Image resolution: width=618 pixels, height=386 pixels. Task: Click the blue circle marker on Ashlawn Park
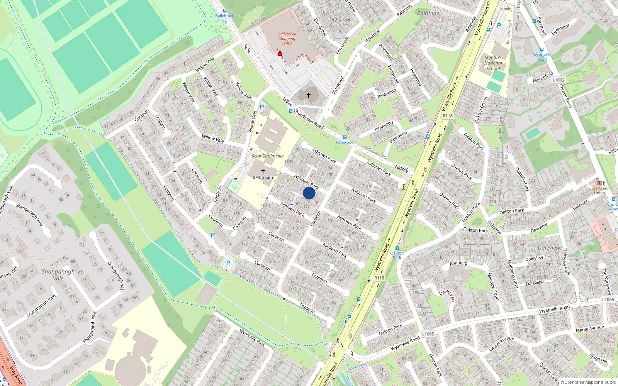[x=309, y=193]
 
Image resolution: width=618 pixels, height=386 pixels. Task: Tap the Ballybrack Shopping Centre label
[x=287, y=39]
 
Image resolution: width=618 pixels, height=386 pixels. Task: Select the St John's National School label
[x=493, y=63]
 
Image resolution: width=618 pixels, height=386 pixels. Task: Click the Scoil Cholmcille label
[x=268, y=156]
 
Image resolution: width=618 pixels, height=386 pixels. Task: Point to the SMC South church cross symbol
[x=263, y=171]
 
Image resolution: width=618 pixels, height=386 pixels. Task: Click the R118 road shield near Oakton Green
[x=448, y=116]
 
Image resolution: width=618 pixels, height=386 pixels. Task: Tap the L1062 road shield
[x=558, y=80]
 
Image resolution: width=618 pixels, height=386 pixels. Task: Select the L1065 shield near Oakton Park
[x=428, y=334]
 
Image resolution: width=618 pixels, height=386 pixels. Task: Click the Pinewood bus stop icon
[x=345, y=137]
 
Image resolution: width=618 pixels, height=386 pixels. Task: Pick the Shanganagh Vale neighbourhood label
[x=58, y=275]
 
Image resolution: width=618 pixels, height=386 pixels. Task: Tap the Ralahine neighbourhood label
[x=428, y=13]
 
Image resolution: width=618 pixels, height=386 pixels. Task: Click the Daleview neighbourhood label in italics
[x=549, y=247]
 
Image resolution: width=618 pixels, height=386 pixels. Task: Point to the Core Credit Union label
[x=599, y=190]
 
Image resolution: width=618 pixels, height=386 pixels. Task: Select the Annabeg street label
[x=458, y=263]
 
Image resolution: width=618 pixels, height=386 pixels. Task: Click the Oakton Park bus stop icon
[x=397, y=248]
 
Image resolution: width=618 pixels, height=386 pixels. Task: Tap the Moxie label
[x=506, y=9]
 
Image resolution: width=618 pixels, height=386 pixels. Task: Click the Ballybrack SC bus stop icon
[x=225, y=11]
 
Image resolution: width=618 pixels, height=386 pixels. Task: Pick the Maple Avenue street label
[x=589, y=328]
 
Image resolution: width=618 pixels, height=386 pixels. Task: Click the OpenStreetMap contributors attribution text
[x=590, y=383]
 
